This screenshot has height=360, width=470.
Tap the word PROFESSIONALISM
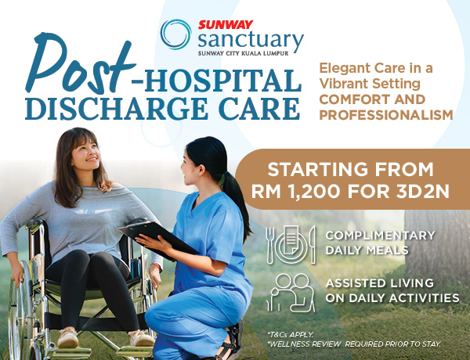(385, 115)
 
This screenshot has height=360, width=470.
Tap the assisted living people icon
(291, 291)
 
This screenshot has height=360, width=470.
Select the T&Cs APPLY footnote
(290, 333)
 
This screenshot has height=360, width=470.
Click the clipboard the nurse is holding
(157, 236)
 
